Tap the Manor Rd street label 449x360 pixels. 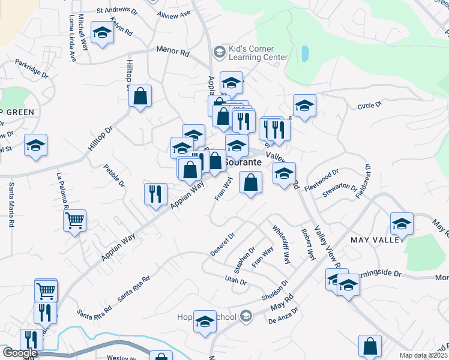(172, 53)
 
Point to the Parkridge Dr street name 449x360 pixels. (31, 68)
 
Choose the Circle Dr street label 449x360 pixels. (370, 106)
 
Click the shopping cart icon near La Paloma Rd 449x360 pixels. (74, 221)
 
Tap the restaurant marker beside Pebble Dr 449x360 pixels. (155, 194)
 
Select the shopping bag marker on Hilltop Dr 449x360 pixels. (140, 96)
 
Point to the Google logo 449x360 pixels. (19, 353)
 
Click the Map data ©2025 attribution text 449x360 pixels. (423, 355)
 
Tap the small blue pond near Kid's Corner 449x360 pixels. (305, 55)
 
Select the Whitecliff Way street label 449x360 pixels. (281, 245)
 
